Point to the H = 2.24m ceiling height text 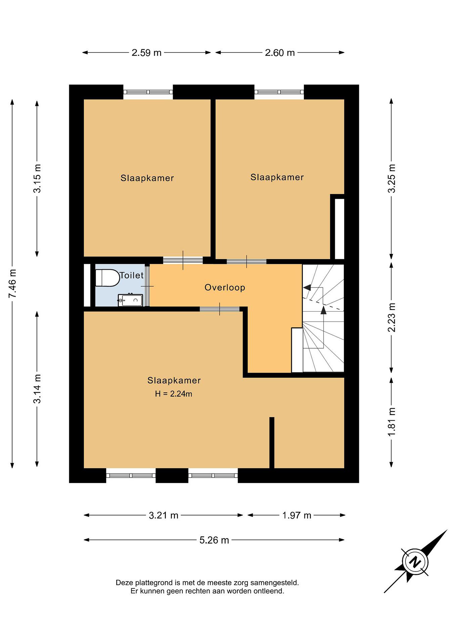173,394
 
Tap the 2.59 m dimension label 147,53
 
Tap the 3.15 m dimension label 37,179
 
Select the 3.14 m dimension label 37,389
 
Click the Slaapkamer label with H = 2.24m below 174,380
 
